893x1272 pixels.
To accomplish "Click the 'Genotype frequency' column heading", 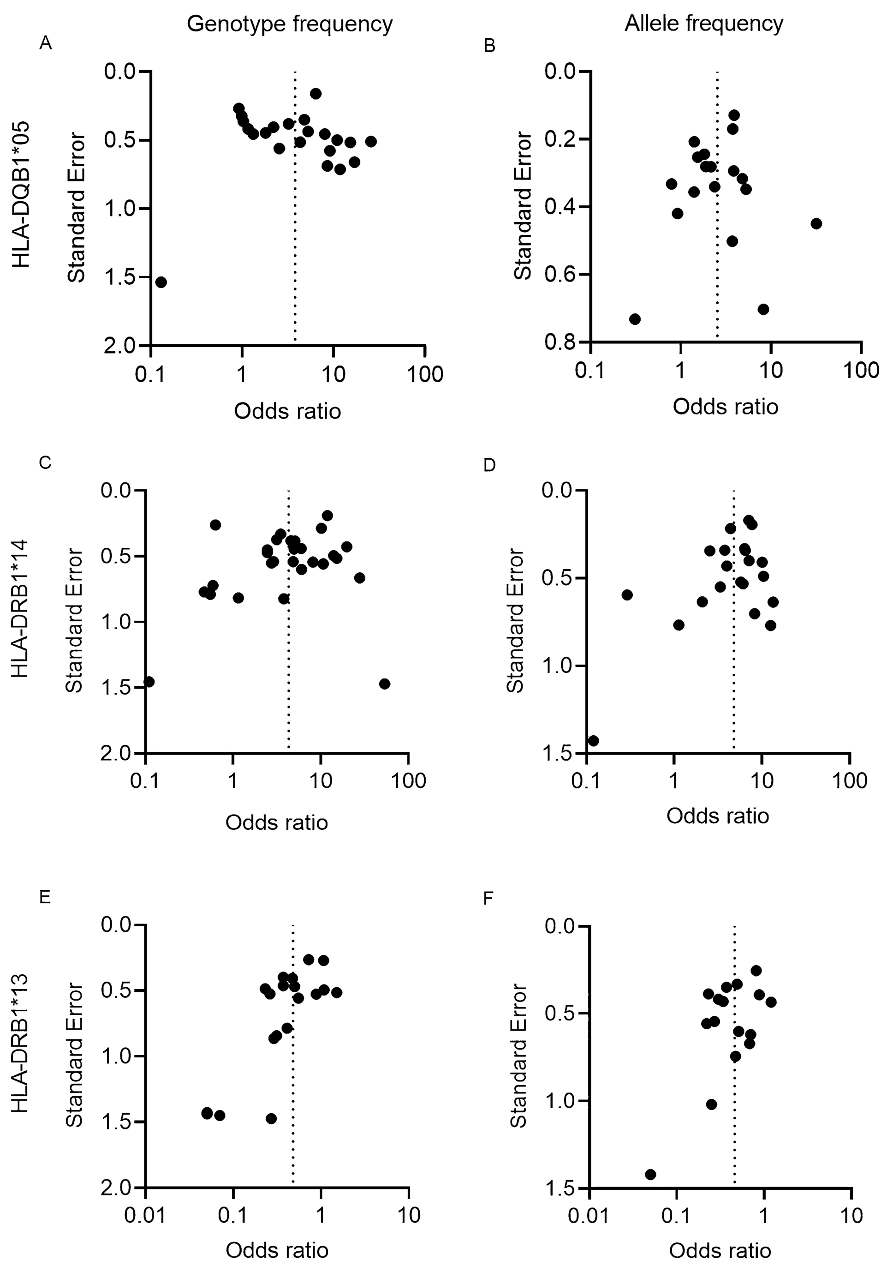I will pos(290,24).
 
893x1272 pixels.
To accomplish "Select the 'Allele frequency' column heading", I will pos(704,24).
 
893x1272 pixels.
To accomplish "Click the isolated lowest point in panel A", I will pos(161,282).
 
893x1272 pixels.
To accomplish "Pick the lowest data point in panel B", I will pos(635,319).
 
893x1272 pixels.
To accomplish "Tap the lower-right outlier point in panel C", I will pos(385,684).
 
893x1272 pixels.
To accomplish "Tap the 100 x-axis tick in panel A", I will pos(425,374).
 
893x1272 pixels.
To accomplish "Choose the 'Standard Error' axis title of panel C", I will pos(74,620).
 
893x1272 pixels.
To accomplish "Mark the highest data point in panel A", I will pos(316,93).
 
